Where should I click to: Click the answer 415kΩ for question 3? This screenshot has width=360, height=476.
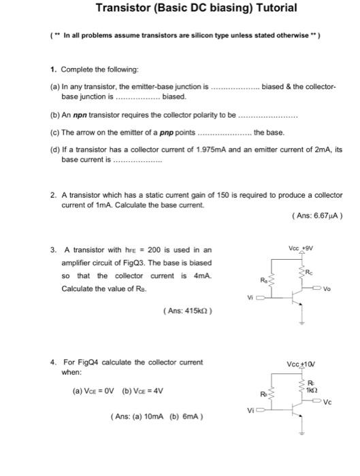coord(189,311)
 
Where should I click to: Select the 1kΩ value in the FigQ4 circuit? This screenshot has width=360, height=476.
coord(312,391)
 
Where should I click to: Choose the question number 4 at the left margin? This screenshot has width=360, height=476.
coord(53,362)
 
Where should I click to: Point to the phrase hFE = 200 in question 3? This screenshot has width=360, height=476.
coord(144,250)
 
